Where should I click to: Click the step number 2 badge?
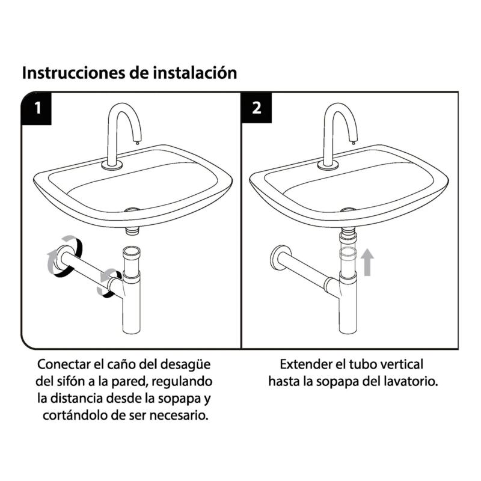tap(257, 108)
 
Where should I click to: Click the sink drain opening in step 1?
tap(132, 210)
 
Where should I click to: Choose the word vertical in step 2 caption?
tap(402, 365)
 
